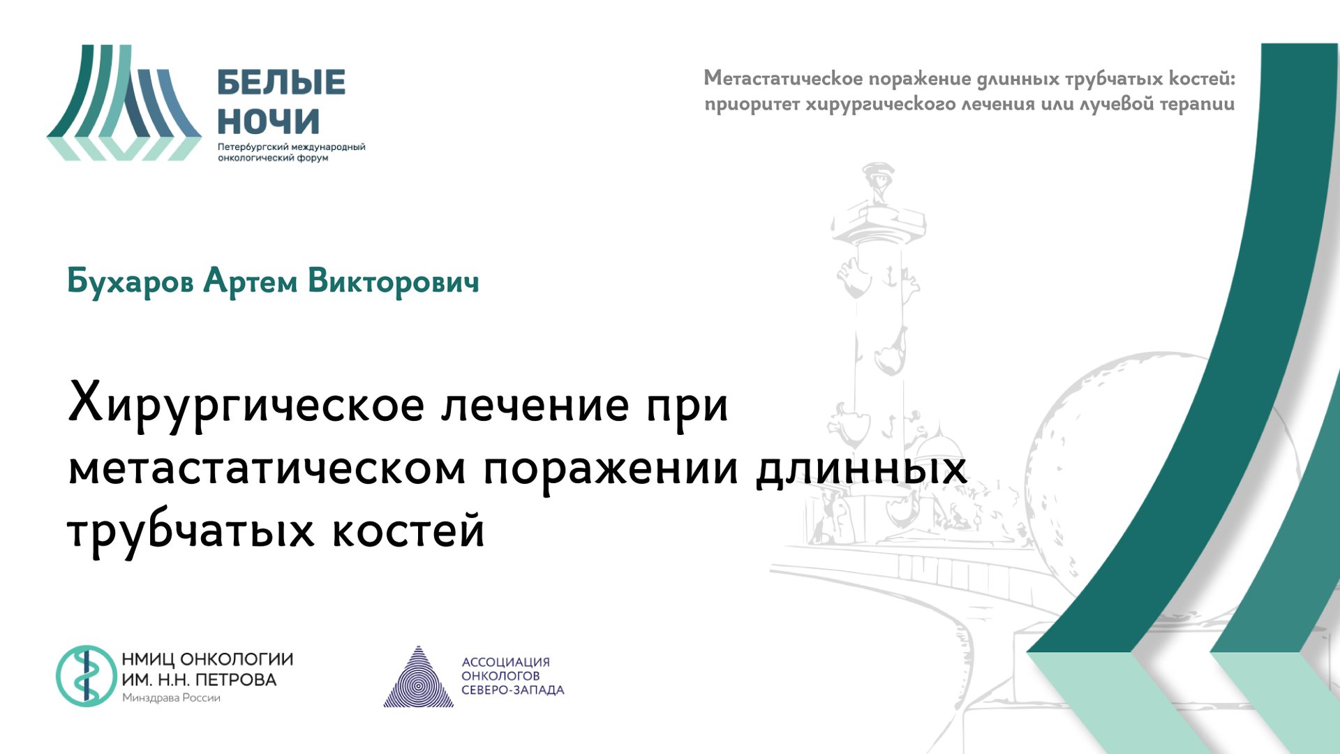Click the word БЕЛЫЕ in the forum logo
click(x=281, y=82)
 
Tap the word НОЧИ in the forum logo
click(x=269, y=121)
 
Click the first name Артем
click(x=250, y=281)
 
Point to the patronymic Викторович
click(x=393, y=281)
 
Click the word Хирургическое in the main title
click(x=246, y=405)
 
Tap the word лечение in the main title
click(x=535, y=405)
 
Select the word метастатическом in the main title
click(x=267, y=468)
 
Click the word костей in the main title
click(x=408, y=531)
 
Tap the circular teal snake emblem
click(x=86, y=676)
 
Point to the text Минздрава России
click(x=171, y=697)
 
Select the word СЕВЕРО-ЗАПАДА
click(x=512, y=690)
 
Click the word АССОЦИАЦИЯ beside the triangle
click(x=505, y=662)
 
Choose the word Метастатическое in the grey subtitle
click(x=783, y=78)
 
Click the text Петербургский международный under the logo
click(x=291, y=147)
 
